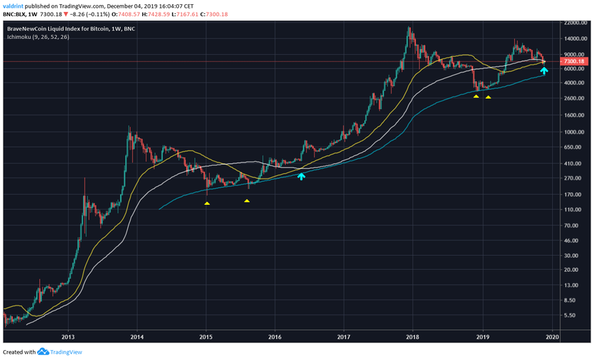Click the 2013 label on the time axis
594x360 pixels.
[68, 336]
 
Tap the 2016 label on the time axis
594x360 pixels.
[275, 336]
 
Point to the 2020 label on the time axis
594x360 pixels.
[551, 336]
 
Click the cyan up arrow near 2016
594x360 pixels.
[301, 176]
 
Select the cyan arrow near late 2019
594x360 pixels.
[544, 71]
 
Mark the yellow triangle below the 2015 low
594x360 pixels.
[207, 203]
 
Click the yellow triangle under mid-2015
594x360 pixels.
[247, 201]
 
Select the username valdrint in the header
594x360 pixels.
[15, 6]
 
